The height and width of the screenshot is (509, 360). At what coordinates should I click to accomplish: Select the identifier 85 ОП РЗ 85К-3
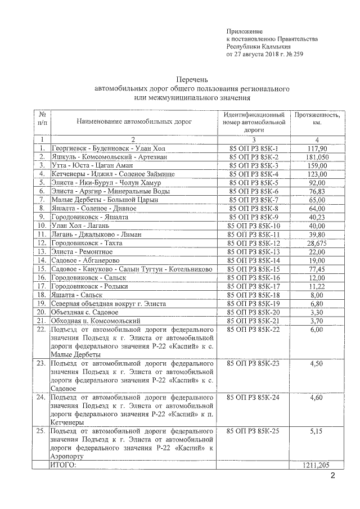click(x=254, y=166)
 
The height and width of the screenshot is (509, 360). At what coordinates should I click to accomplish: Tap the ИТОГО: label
click(x=62, y=466)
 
